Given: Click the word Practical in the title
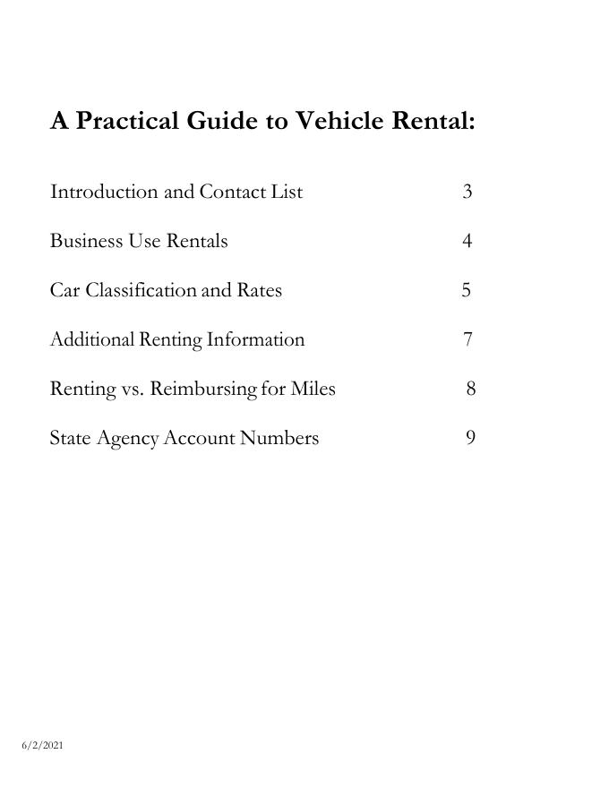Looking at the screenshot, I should pyautogui.click(x=127, y=121).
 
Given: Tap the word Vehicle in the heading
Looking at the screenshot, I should pyautogui.click(x=339, y=121).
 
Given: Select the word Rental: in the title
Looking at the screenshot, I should pyautogui.click(x=434, y=121).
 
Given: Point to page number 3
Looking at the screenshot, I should pyautogui.click(x=467, y=192).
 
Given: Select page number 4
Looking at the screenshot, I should pyautogui.click(x=467, y=241).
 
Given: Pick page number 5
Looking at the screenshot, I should pyautogui.click(x=467, y=290).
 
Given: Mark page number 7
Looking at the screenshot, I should pyautogui.click(x=468, y=339).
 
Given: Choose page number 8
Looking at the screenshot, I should pyautogui.click(x=470, y=389).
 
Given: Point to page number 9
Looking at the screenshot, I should pyautogui.click(x=470, y=438).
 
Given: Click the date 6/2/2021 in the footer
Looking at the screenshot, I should pyautogui.click(x=43, y=745).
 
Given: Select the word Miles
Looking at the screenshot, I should pyautogui.click(x=313, y=389).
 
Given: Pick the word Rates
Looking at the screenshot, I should pyautogui.click(x=259, y=290).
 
